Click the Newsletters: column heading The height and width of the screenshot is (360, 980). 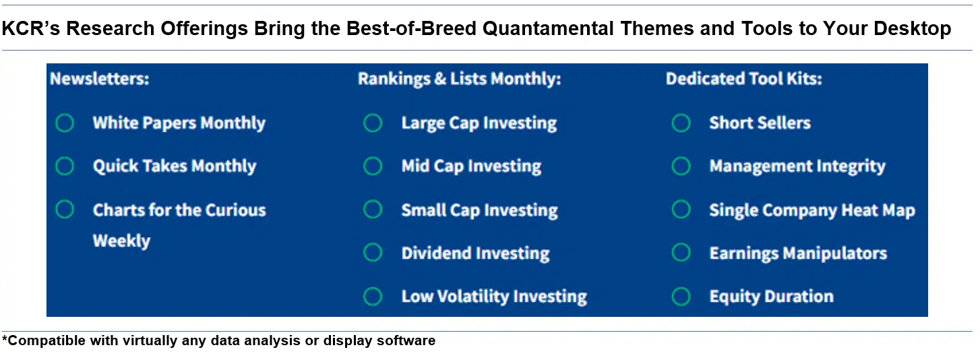click(100, 79)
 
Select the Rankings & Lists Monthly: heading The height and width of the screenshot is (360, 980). click(459, 79)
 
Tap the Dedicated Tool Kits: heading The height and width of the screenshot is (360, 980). click(743, 79)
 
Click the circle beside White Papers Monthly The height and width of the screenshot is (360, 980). click(65, 123)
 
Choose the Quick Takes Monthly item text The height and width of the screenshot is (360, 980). click(175, 167)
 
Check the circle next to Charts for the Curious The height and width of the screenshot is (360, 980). click(65, 210)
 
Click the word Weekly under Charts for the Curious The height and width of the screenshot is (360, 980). click(121, 241)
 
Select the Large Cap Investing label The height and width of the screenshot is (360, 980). click(479, 123)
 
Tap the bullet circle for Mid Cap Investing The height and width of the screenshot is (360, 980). click(373, 167)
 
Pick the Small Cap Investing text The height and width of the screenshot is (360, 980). click(479, 210)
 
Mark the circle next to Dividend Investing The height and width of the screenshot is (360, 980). click(373, 253)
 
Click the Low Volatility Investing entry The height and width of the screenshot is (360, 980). click(494, 297)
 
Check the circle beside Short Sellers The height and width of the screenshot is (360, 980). click(681, 123)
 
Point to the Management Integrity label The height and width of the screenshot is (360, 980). click(797, 167)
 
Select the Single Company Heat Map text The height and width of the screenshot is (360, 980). click(811, 210)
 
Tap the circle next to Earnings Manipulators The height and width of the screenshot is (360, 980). click(681, 253)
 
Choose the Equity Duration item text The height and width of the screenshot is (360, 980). click(771, 297)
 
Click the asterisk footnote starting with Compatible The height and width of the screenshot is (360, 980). click(219, 340)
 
